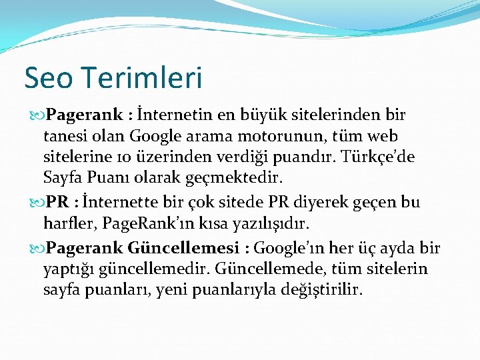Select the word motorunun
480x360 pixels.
click(x=285, y=137)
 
